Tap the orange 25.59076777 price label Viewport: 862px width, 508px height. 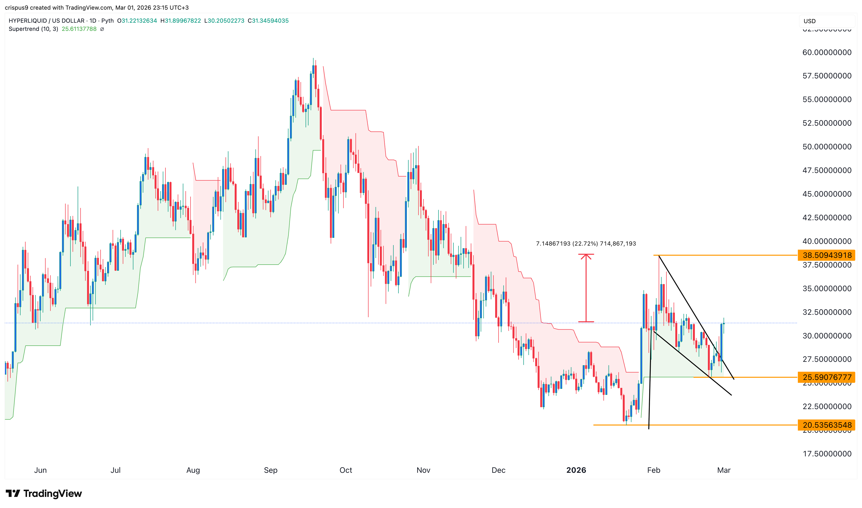click(x=826, y=377)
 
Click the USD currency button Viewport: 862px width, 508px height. click(x=809, y=21)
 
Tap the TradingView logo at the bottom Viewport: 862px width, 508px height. click(x=44, y=493)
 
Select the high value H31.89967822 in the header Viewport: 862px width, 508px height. click(x=180, y=21)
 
